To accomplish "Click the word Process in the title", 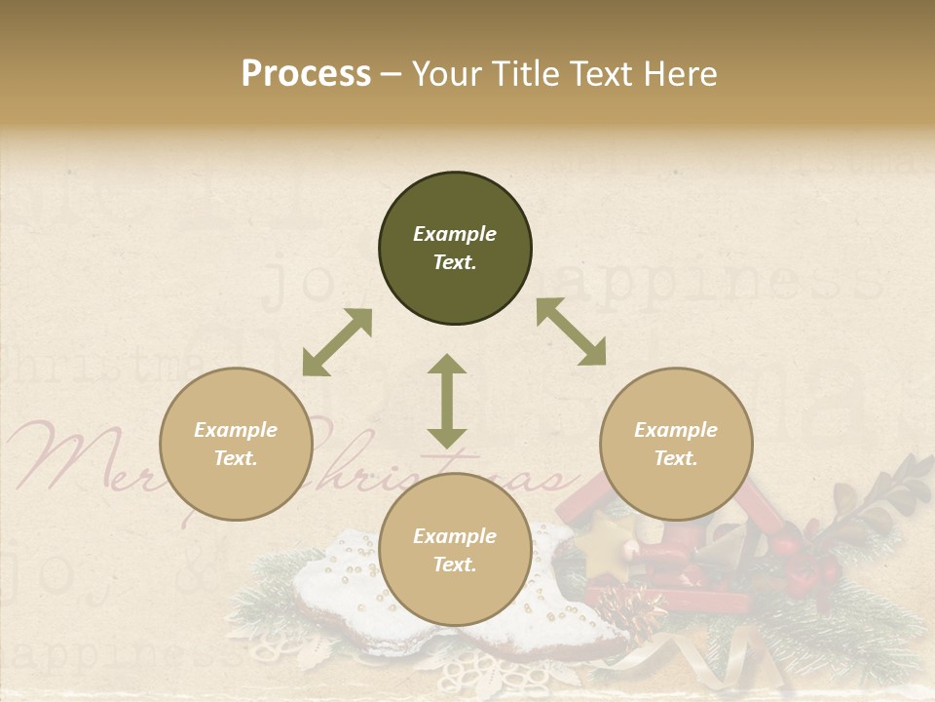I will pyautogui.click(x=306, y=73).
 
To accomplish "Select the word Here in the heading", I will pyautogui.click(x=679, y=73).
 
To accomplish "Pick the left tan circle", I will pyautogui.click(x=236, y=444).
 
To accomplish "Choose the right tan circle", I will pyautogui.click(x=676, y=444).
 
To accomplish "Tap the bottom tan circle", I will pyautogui.click(x=455, y=549).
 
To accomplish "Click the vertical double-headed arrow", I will pyautogui.click(x=447, y=401).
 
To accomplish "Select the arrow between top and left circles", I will pyautogui.click(x=337, y=342).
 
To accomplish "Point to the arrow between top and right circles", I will pyautogui.click(x=571, y=331).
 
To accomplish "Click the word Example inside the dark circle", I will pyautogui.click(x=455, y=234).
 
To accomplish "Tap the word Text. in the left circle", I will pyautogui.click(x=236, y=458).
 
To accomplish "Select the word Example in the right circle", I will pyautogui.click(x=676, y=430).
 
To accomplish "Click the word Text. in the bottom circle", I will pyautogui.click(x=455, y=565).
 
